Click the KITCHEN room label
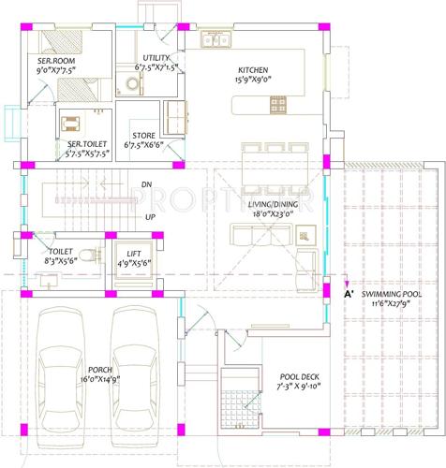pos(253,70)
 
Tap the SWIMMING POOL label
pos(393,293)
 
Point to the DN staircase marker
pos(146,184)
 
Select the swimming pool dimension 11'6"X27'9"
pos(393,303)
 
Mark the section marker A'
pos(349,294)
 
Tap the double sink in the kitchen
pos(216,40)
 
